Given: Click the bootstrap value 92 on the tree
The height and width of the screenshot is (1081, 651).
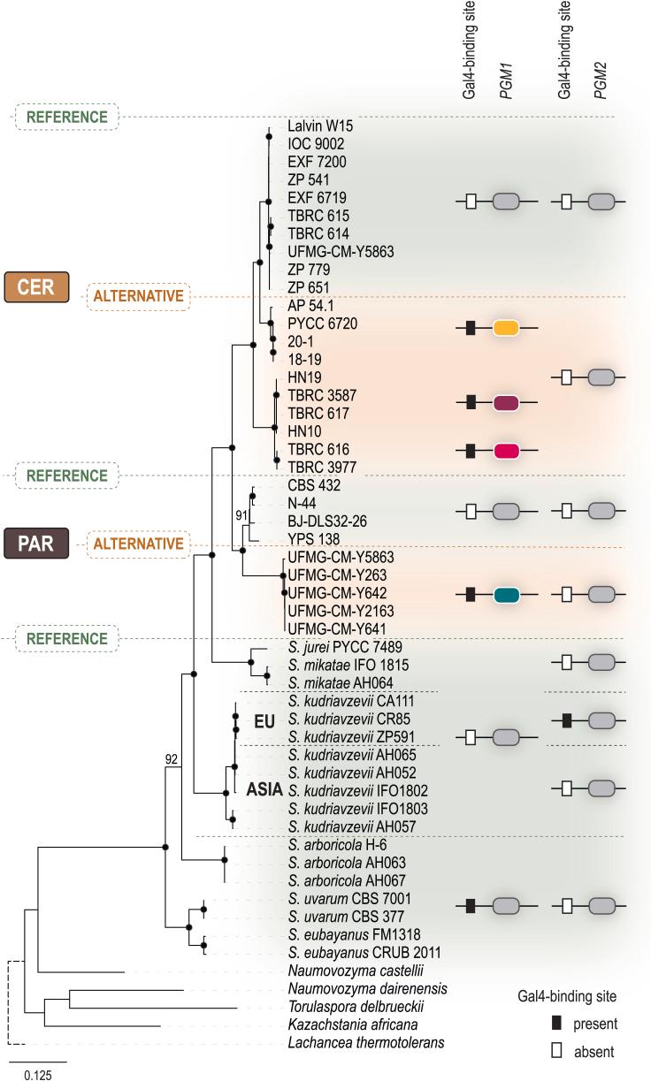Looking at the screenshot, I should pos(172,757).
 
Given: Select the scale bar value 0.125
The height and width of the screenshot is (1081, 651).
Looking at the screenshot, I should pos(37,1074).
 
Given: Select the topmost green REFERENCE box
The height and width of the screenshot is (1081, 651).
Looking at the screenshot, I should pos(66,117).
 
